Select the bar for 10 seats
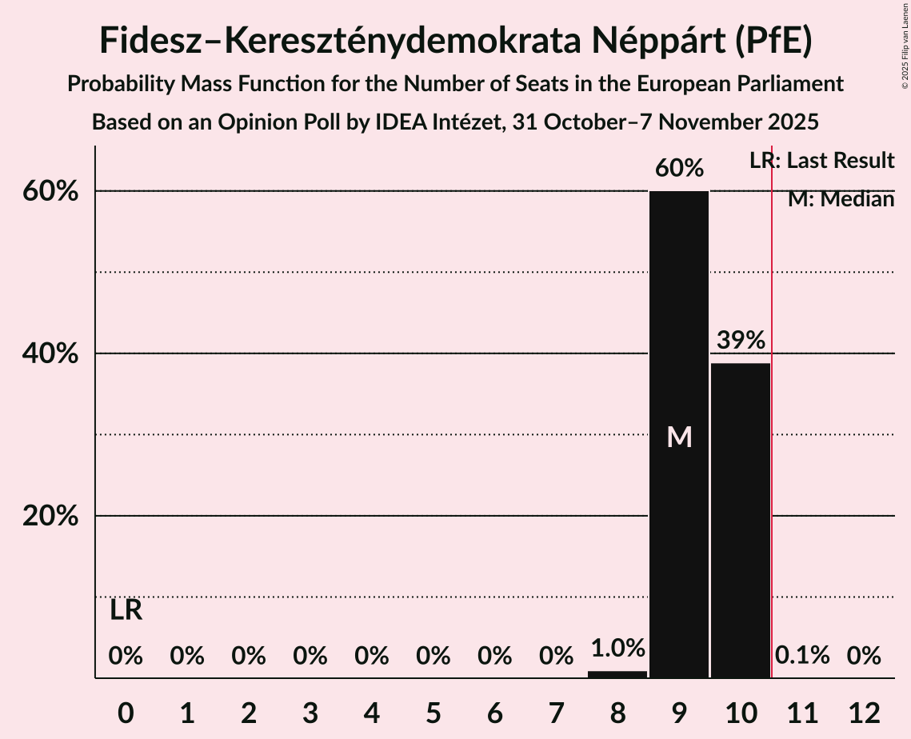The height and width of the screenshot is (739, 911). click(741, 520)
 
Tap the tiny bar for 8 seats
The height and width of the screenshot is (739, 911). click(617, 674)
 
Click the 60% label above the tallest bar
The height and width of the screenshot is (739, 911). click(679, 169)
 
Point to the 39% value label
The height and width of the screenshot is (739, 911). click(741, 341)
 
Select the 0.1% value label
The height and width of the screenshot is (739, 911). click(802, 657)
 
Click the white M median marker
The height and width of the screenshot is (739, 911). click(679, 437)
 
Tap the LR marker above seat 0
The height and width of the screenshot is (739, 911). click(126, 611)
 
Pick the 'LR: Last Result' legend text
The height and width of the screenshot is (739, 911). click(822, 161)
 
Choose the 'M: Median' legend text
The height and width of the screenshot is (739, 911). click(841, 199)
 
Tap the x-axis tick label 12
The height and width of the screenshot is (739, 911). click(864, 711)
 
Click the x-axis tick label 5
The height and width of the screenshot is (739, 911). click(433, 711)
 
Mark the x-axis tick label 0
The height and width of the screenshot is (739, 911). click(126, 711)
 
